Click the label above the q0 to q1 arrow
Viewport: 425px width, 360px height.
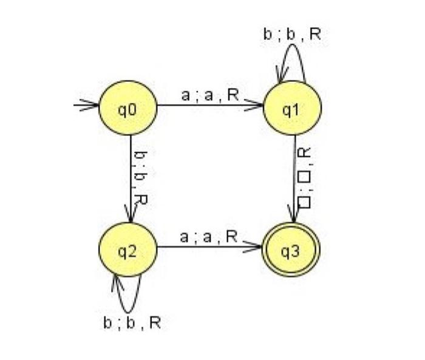coord(209,95)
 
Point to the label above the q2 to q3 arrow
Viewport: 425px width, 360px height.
coord(209,237)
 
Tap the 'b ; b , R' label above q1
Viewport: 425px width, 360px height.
coord(291,35)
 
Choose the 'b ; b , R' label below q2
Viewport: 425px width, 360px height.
coord(132,322)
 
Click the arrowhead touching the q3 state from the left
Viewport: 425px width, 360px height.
coord(257,247)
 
